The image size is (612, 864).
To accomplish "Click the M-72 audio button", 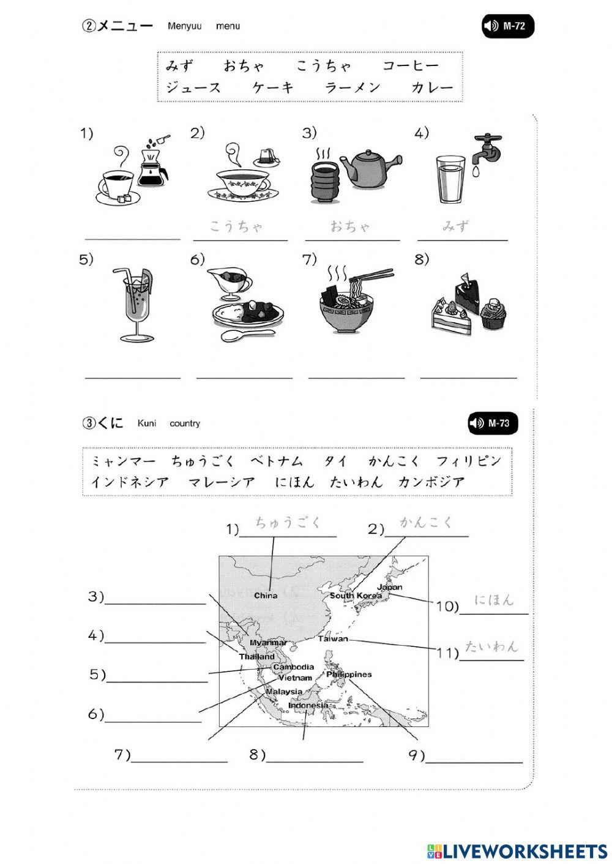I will pos(507,26).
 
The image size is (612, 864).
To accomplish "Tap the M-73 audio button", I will pos(493,423).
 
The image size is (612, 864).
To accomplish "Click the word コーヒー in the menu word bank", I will pos(411,66).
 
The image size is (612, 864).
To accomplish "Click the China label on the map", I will pos(266,595).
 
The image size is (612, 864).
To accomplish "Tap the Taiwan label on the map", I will pos(333,638).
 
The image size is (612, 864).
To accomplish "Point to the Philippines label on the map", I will pos(349,674).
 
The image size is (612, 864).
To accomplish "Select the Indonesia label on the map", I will pos(308,705).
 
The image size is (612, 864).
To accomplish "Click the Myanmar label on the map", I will pos(268,643).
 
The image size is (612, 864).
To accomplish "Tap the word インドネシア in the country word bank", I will pos(130,482).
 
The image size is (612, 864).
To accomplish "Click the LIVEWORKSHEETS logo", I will pos(517,851).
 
